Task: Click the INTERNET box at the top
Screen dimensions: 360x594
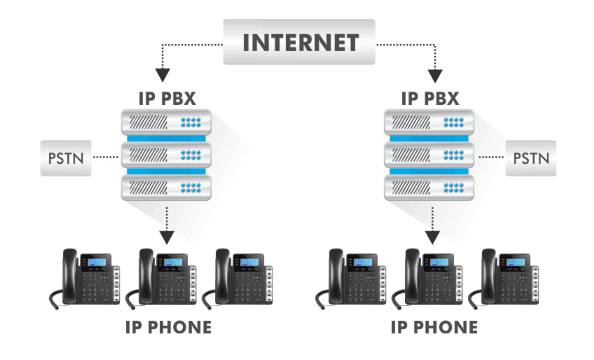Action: point(299,42)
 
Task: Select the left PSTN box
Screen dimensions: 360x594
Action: point(66,158)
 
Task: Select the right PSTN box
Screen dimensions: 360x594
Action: point(531,158)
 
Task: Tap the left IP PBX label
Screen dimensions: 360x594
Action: point(167,98)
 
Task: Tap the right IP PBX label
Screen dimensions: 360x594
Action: point(430,98)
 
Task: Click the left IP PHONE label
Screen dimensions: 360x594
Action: point(168,327)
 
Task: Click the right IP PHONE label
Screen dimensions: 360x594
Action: point(434,327)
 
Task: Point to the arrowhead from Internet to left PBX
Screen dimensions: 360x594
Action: point(162,75)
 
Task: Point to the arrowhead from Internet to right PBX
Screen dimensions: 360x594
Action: point(435,76)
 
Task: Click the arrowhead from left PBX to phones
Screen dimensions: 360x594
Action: point(167,237)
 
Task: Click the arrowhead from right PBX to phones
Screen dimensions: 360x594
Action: point(433,237)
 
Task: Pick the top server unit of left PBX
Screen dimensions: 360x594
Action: point(166,122)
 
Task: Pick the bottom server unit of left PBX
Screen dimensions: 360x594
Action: point(166,188)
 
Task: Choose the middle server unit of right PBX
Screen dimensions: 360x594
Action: point(429,155)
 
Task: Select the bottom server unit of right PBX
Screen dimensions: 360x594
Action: point(429,188)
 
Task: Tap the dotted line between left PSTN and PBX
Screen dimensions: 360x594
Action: point(105,157)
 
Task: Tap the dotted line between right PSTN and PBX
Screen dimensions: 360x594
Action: point(491,157)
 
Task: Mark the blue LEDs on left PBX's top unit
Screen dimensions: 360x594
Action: point(191,122)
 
